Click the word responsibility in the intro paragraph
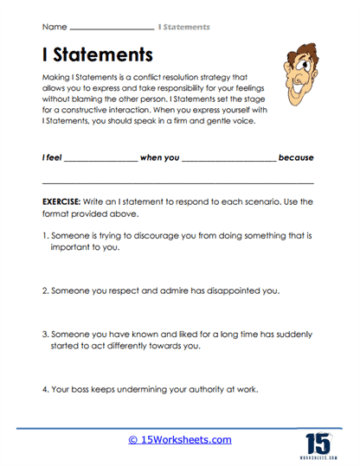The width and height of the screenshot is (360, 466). coord(190,89)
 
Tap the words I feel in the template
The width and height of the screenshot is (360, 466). coord(51,158)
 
